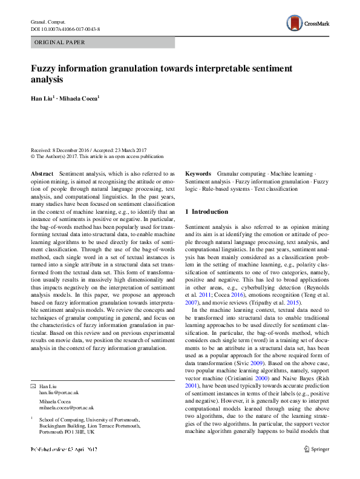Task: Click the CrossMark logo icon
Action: [x=295, y=24]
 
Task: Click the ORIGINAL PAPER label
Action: [x=59, y=42]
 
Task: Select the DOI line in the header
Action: [x=65, y=28]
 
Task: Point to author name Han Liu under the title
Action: [x=42, y=97]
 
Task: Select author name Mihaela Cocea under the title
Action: [x=82, y=97]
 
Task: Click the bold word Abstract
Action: [x=42, y=173]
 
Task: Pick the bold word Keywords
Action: [x=198, y=173]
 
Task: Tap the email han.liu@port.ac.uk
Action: [x=59, y=392]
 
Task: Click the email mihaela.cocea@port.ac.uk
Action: [x=67, y=408]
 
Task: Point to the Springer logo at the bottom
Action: [x=317, y=466]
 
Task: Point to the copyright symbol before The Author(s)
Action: [x=33, y=156]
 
